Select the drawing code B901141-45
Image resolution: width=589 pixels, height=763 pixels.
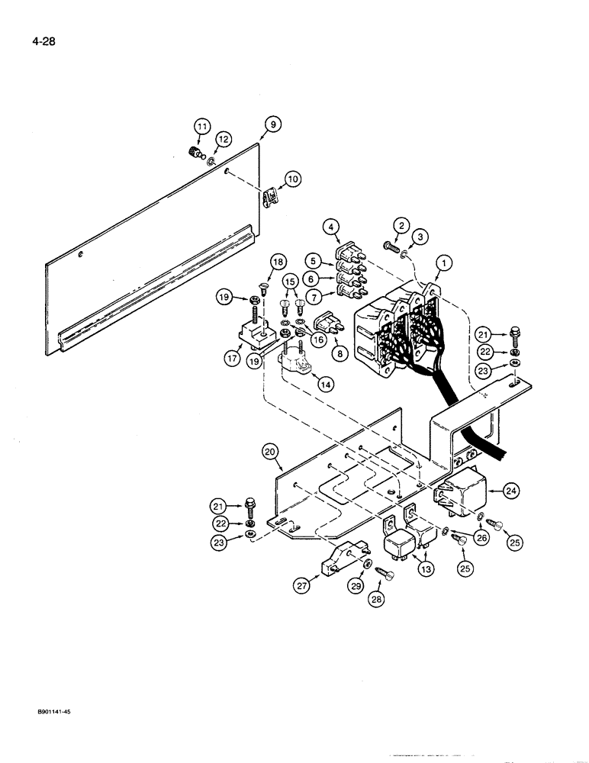click(47, 711)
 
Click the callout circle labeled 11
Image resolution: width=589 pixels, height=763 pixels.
click(201, 127)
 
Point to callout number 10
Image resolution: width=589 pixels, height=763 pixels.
click(293, 180)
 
